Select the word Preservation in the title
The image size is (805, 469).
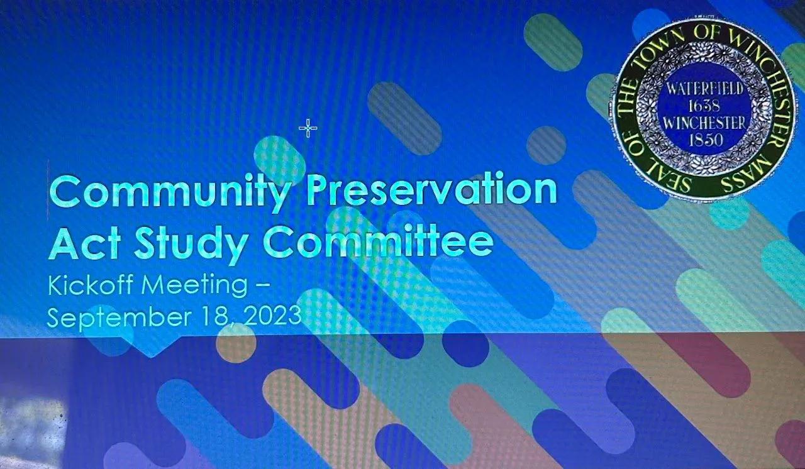[431, 190]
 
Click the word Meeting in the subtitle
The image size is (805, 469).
[195, 287]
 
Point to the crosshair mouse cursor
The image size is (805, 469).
[308, 128]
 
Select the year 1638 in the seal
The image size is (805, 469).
[703, 106]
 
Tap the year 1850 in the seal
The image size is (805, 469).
[704, 140]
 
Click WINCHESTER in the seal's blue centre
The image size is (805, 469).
[705, 123]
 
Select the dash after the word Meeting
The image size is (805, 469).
[262, 287]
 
